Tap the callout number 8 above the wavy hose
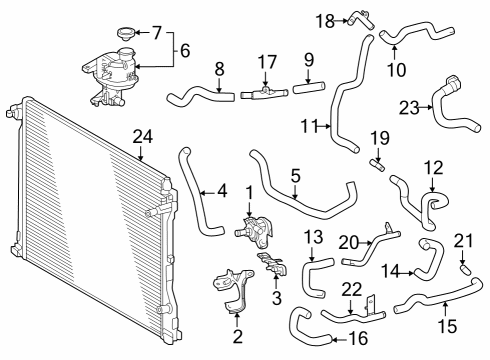[220, 70]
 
